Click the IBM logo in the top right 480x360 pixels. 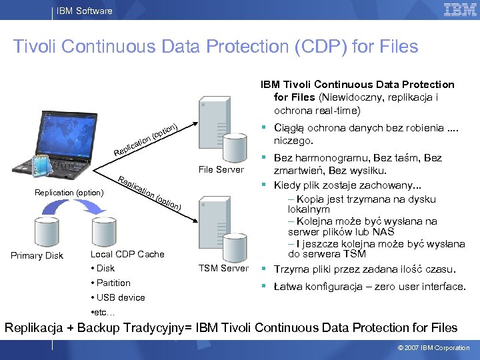point(459,10)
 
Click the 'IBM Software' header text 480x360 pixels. point(84,11)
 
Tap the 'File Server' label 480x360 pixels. point(221,169)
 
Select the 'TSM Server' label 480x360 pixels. point(224,268)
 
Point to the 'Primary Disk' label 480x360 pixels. point(37,255)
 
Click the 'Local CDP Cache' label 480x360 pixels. point(127,254)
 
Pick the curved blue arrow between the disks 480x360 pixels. point(89,207)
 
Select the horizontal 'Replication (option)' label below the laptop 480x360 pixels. point(69,193)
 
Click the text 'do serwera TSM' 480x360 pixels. point(327,254)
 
